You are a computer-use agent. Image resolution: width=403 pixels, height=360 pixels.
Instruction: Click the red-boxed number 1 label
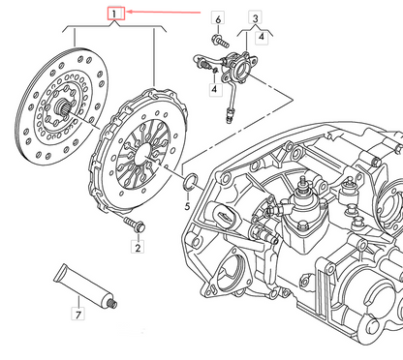pos(115,14)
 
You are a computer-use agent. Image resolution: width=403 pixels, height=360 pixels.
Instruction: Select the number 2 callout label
pos(137,249)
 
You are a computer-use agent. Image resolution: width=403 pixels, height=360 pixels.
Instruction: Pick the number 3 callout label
pos(255,18)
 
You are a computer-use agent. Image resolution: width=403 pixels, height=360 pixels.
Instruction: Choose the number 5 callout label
pos(188,206)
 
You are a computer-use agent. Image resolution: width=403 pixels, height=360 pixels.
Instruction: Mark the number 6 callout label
pos(217,19)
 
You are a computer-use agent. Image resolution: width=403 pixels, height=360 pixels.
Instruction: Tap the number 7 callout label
pos(79,315)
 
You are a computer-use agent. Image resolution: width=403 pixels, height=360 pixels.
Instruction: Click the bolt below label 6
pos(216,42)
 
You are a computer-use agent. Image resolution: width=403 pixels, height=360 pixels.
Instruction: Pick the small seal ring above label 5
pos(190,180)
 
